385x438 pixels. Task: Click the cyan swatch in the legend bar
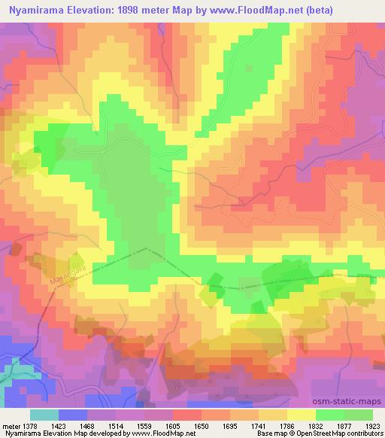pyautogui.click(x=45, y=415)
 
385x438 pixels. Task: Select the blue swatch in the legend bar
pyautogui.click(x=74, y=415)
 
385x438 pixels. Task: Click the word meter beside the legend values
pyautogui.click(x=10, y=425)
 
